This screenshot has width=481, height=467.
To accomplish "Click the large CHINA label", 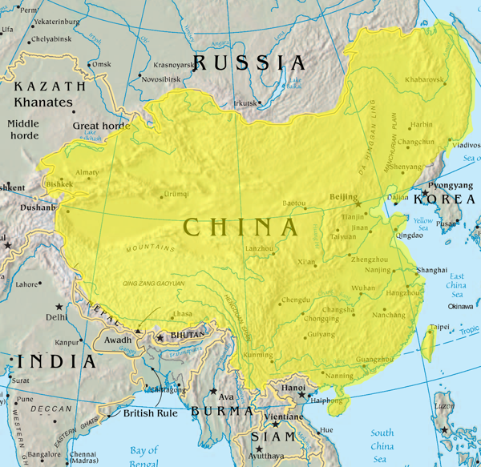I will [x=240, y=227].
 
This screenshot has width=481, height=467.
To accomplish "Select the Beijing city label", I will [x=344, y=197].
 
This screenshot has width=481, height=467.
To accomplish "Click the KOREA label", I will [x=443, y=199].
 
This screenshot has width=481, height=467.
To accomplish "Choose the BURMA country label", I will [x=222, y=411].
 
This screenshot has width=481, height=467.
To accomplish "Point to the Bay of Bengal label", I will [x=143, y=455].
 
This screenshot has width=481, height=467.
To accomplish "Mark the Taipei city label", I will [x=439, y=327].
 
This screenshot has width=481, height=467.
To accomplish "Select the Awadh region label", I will [x=118, y=340].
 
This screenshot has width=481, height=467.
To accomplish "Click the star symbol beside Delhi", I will [x=58, y=307].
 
